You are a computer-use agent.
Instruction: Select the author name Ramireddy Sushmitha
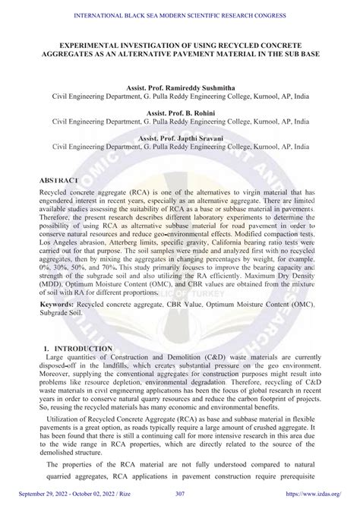(201, 89)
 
